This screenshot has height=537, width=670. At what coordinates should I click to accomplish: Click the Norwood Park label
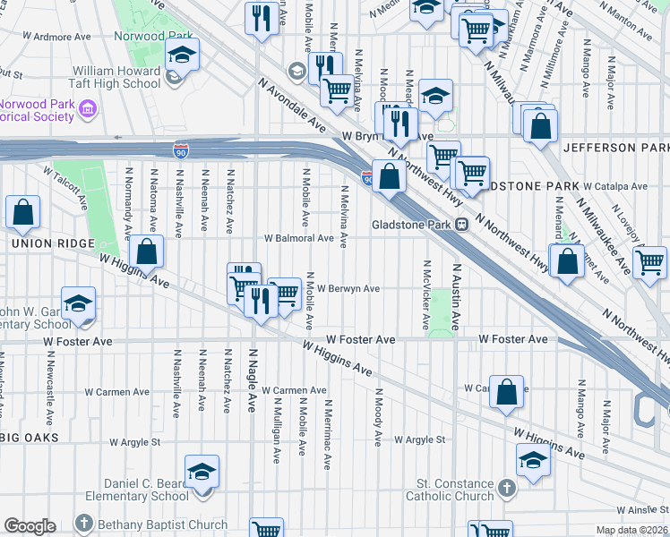tap(153, 37)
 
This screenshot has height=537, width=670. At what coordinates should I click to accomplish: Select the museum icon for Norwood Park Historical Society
tap(88, 109)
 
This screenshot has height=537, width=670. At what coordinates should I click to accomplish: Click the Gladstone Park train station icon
tap(462, 224)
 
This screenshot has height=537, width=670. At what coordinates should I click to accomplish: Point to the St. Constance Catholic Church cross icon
tap(507, 488)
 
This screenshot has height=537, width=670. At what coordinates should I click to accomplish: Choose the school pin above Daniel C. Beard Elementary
tap(202, 471)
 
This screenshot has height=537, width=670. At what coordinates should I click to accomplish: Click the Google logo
tap(30, 526)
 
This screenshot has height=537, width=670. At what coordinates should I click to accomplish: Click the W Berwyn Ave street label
tap(349, 289)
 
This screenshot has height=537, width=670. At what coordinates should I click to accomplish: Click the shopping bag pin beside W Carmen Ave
tap(506, 391)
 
